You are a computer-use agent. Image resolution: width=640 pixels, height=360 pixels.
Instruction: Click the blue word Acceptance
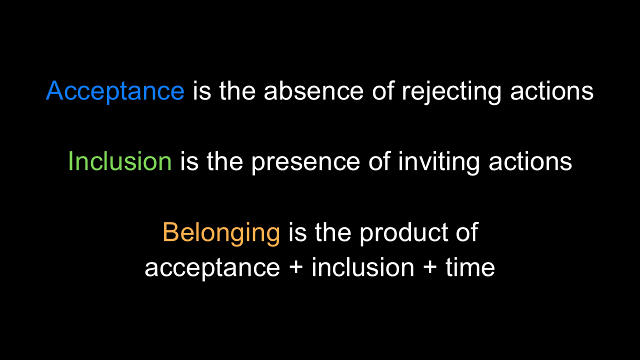[115, 91]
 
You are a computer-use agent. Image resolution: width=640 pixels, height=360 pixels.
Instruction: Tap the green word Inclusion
[119, 161]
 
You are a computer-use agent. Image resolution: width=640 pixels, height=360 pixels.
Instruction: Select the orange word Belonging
[221, 233]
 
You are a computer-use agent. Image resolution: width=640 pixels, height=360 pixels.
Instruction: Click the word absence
[313, 90]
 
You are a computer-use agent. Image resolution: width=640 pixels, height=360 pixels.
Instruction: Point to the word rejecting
[451, 91]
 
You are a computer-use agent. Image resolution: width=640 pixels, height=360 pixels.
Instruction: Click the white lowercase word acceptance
[212, 268]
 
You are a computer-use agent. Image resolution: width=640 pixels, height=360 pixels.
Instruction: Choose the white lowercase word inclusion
[363, 267]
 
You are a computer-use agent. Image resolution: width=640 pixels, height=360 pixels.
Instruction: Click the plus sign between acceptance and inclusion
[295, 267]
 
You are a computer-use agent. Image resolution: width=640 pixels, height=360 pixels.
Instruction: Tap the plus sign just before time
[429, 267]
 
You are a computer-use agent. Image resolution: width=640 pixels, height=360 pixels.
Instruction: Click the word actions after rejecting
[551, 90]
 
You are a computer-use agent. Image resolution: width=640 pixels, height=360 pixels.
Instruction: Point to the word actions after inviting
[530, 161]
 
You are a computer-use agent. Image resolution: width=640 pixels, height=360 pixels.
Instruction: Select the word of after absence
[383, 90]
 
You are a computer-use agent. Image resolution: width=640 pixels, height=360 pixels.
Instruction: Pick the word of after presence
[379, 161]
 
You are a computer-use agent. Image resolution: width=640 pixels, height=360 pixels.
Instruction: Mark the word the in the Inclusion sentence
[225, 161]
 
